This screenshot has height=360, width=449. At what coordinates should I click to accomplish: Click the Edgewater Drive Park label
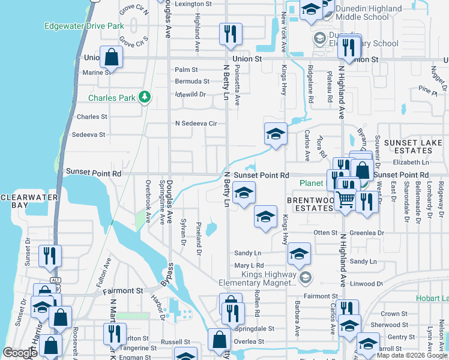pyautogui.click(x=84, y=26)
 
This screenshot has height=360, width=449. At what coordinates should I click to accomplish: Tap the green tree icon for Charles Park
pyautogui.click(x=144, y=97)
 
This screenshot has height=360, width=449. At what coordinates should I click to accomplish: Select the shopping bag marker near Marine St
pyautogui.click(x=112, y=57)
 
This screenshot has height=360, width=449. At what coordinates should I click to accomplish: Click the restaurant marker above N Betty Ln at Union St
pyautogui.click(x=231, y=34)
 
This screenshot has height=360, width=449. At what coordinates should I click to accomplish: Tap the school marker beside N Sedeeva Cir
pyautogui.click(x=276, y=133)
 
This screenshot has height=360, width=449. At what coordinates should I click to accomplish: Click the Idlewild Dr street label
pyautogui.click(x=190, y=94)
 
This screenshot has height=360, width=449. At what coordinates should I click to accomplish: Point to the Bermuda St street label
pyautogui.click(x=192, y=81)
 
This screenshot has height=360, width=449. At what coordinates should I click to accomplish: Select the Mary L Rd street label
pyautogui.click(x=249, y=265)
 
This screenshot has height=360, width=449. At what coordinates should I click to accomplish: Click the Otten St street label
pyautogui.click(x=325, y=233)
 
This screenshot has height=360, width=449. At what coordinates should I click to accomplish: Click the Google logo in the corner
pyautogui.click(x=20, y=352)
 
